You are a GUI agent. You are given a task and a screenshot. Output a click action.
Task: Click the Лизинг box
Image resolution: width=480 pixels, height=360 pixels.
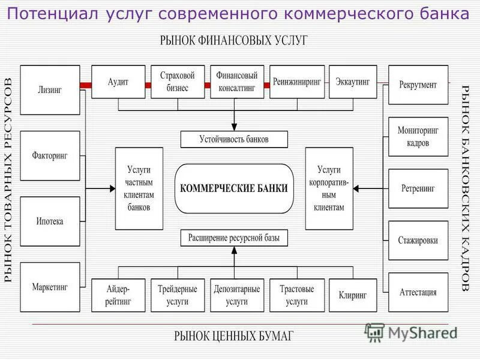pyautogui.click(x=50, y=89)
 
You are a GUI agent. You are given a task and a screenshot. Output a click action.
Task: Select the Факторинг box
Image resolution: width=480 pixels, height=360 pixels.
pyautogui.click(x=50, y=155)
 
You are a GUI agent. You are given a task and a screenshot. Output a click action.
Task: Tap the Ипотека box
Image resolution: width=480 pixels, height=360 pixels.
pyautogui.click(x=50, y=221)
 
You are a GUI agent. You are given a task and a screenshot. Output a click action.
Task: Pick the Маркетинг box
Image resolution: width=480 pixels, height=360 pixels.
pyautogui.click(x=50, y=287)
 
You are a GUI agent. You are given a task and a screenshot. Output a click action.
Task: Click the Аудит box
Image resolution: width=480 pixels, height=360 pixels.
pyautogui.click(x=118, y=82)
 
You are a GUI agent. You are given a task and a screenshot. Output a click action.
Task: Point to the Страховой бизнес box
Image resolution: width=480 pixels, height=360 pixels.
pyautogui.click(x=178, y=82)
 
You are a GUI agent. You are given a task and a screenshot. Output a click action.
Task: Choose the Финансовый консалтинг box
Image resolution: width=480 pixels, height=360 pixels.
pyautogui.click(x=237, y=82)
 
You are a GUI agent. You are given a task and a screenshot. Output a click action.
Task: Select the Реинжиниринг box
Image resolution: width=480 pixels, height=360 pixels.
pyautogui.click(x=297, y=82)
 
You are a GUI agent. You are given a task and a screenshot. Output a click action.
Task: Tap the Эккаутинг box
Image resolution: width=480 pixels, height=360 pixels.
pyautogui.click(x=353, y=82)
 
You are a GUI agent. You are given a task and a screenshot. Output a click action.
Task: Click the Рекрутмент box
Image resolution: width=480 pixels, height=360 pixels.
pyautogui.click(x=418, y=85)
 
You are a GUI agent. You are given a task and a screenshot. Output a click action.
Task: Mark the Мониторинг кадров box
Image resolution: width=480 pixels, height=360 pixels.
pyautogui.click(x=418, y=136)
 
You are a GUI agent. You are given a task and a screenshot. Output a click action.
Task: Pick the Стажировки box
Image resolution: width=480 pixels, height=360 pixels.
pyautogui.click(x=418, y=240)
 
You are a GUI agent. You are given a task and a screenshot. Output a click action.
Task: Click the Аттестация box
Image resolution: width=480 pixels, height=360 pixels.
pyautogui.click(x=418, y=292)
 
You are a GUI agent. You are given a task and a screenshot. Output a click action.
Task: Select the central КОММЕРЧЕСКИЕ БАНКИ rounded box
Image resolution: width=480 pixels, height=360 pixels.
pyautogui.click(x=234, y=188)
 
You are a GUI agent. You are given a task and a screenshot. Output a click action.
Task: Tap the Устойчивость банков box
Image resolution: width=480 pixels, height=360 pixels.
pyautogui.click(x=234, y=139)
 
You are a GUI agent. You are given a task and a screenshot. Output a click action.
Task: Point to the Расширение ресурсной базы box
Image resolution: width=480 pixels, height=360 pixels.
pyautogui.click(x=234, y=238)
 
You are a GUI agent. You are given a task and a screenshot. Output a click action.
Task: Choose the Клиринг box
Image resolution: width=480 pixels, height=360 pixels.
pyautogui.click(x=353, y=295)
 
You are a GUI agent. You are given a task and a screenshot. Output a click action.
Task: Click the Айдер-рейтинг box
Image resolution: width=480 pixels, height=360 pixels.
pyautogui.click(x=118, y=295)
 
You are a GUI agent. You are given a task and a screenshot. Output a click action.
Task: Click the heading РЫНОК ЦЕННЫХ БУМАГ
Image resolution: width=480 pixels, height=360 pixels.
pyautogui.click(x=234, y=335)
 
